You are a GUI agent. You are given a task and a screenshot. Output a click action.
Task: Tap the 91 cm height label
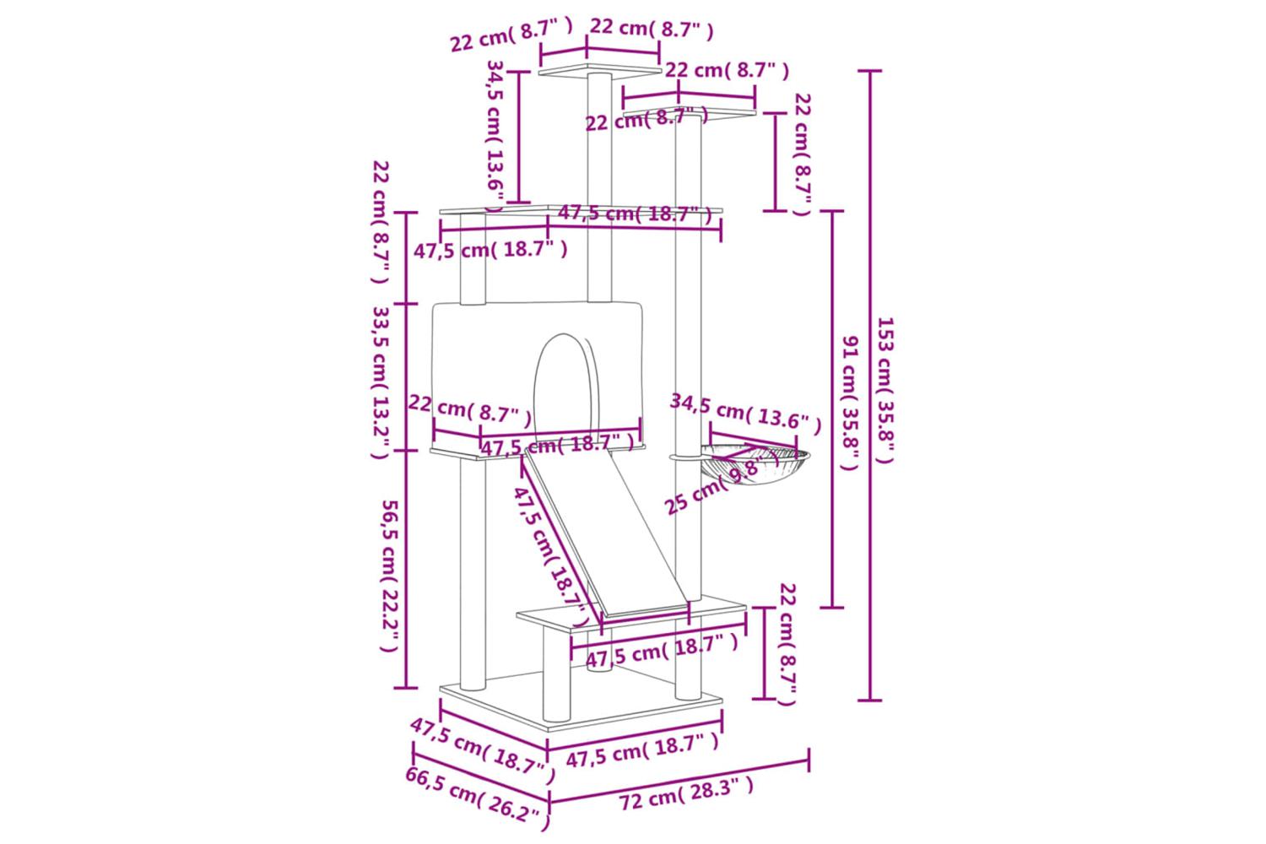[851, 403]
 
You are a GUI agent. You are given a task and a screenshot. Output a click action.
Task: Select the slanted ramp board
[608, 532]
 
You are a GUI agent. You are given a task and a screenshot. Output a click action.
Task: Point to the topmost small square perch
[600, 69]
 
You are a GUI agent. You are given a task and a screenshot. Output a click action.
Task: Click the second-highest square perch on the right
[690, 112]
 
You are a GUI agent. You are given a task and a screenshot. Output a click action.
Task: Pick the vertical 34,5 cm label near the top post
[494, 135]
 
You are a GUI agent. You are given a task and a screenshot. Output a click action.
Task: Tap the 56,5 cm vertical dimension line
[407, 570]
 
